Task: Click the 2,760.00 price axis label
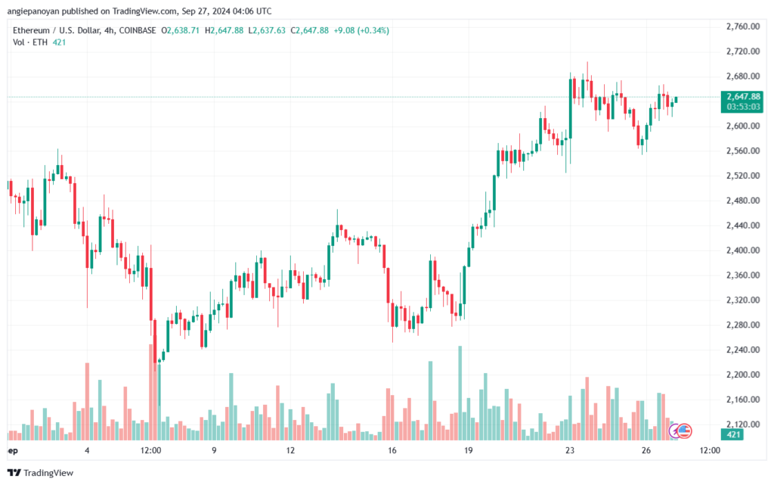[741, 26]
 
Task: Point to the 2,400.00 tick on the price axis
[741, 250]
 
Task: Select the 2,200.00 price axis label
[741, 375]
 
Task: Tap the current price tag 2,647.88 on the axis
[742, 96]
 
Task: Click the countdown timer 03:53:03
[742, 107]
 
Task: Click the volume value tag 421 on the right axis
[734, 434]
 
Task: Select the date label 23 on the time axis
[570, 450]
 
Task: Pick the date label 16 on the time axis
[392, 450]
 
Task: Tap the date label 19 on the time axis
[469, 450]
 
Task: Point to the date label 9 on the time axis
[214, 450]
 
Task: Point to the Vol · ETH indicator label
[28, 42]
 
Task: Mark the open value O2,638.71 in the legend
[180, 30]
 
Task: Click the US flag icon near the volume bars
[684, 431]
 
